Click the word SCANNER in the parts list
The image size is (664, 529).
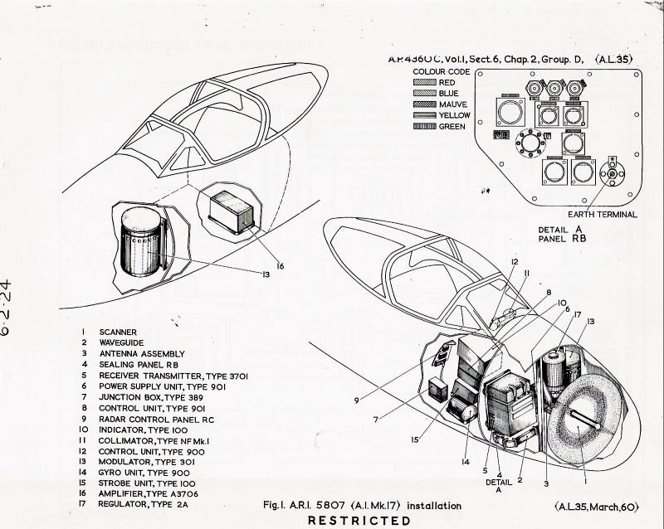(x=115, y=330)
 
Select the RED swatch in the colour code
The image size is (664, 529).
(x=424, y=83)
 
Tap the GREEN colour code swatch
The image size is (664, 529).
(x=424, y=127)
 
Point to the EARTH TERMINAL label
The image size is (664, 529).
(x=603, y=215)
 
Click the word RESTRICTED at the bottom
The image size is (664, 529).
(x=359, y=521)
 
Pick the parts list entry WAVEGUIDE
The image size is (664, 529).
(x=121, y=342)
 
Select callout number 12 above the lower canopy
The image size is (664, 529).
(x=515, y=262)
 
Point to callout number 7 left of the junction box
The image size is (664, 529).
(x=375, y=420)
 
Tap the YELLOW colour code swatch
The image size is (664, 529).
(x=424, y=116)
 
